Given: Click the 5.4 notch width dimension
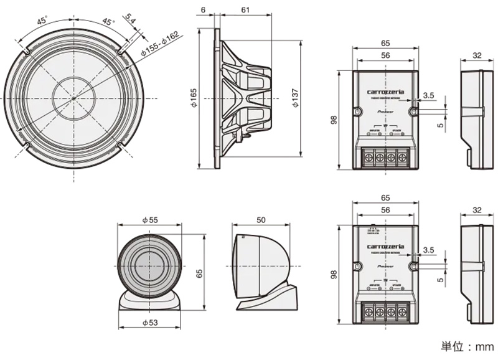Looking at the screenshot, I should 130,20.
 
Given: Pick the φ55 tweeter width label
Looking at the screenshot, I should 149,220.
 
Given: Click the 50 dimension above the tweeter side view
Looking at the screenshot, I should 261,220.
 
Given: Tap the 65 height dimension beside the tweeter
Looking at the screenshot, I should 199,273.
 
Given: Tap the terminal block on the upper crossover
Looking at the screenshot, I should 385,158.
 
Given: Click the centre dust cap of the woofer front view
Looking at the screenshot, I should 73,98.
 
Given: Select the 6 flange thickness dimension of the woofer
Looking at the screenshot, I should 203,10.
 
